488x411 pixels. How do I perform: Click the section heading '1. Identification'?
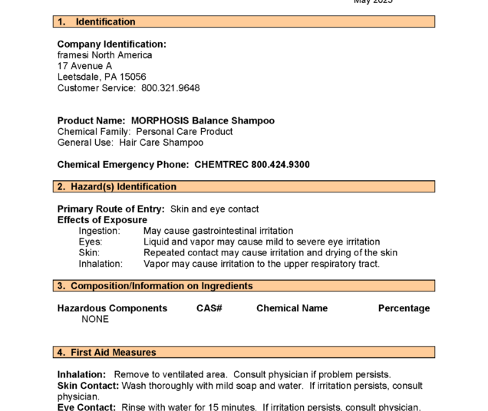(97, 21)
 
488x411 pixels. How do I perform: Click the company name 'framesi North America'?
(104, 55)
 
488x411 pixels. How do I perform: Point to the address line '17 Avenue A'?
(84, 66)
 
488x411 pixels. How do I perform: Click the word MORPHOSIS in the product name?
(160, 121)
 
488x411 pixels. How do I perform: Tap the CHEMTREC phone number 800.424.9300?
(281, 165)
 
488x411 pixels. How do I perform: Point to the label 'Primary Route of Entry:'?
(111, 209)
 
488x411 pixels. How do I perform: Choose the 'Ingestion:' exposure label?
(101, 231)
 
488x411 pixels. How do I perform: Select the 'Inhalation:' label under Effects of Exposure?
(101, 264)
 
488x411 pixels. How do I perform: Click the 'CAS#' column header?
(209, 308)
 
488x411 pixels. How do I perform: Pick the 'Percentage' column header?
(404, 308)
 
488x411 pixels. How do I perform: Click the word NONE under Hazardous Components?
(95, 320)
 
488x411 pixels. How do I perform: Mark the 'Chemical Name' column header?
(292, 308)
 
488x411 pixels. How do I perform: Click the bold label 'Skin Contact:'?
(86, 386)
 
